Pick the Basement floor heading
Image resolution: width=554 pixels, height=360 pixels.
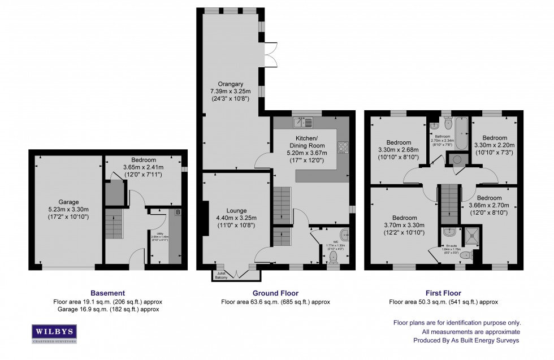[107, 293]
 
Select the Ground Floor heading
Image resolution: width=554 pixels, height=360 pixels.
[275, 293]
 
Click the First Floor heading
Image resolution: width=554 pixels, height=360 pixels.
[443, 293]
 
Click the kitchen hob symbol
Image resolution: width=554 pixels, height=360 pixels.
[342, 147]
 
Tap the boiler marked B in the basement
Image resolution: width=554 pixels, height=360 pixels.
[178, 212]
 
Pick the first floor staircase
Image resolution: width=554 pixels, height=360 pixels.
[448, 203]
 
